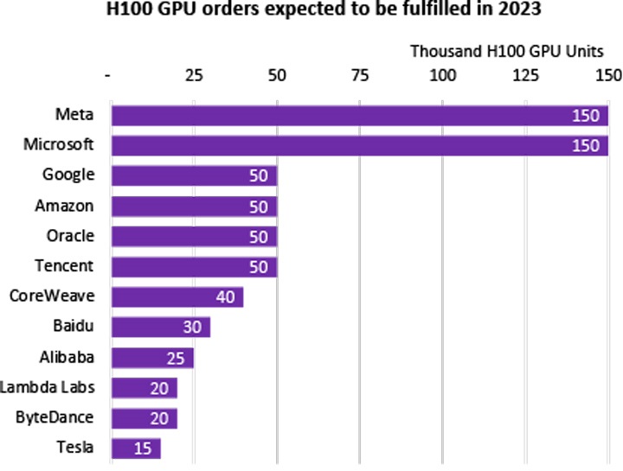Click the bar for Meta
pyautogui.click(x=359, y=116)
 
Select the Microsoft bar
pyautogui.click(x=359, y=145)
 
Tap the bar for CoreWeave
pyautogui.click(x=177, y=296)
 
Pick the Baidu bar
pyautogui.click(x=161, y=327)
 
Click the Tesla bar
pyautogui.click(x=136, y=448)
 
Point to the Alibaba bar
pyautogui.click(x=152, y=357)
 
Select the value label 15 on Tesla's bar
pyautogui.click(x=145, y=449)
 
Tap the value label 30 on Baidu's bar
pyautogui.click(x=194, y=328)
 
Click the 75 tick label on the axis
pyautogui.click(x=359, y=74)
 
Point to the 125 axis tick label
pyautogui.click(x=525, y=74)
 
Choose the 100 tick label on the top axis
pyautogui.click(x=442, y=74)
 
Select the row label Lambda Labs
pyautogui.click(x=48, y=386)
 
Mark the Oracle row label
pyautogui.click(x=70, y=235)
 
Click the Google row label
pyautogui.click(x=68, y=175)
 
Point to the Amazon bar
pyautogui.click(x=194, y=206)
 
